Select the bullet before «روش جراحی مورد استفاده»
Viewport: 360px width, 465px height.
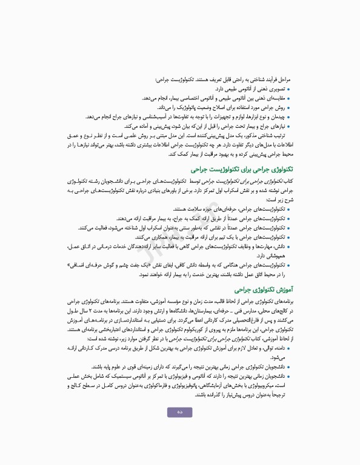(x=288, y=108)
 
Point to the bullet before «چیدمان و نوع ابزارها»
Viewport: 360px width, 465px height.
(x=288, y=117)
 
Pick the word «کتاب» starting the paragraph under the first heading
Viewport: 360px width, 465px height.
(x=287, y=181)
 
